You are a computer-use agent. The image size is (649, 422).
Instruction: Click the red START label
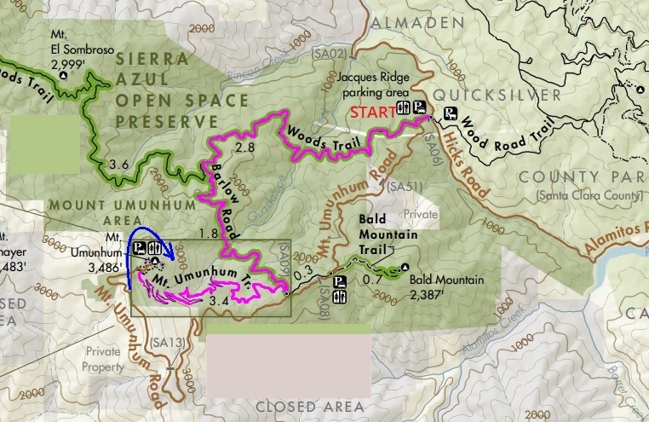[x=370, y=112]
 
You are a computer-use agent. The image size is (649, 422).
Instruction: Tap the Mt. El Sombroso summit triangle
[x=63, y=76]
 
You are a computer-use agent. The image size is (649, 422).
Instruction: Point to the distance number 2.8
[x=245, y=147]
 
